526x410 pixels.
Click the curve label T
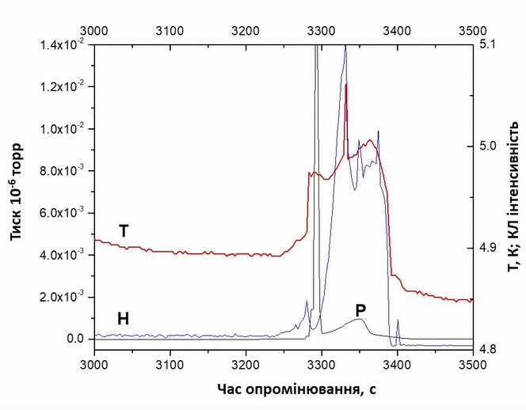click(x=124, y=230)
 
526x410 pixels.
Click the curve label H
click(x=123, y=319)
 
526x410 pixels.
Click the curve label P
click(x=360, y=310)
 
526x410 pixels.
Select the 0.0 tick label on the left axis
click(x=75, y=339)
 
